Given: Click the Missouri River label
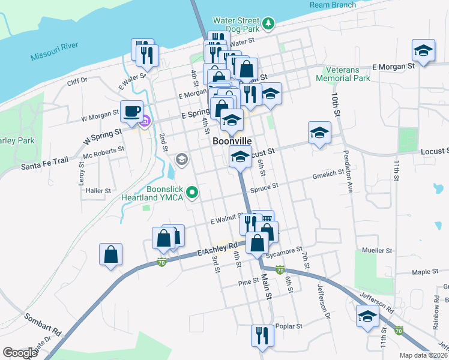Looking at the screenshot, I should pyautogui.click(x=54, y=53).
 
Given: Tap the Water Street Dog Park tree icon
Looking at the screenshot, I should pyautogui.click(x=270, y=24).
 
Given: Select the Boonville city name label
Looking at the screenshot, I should pyautogui.click(x=232, y=141).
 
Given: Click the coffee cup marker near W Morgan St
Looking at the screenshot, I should pyautogui.click(x=131, y=111).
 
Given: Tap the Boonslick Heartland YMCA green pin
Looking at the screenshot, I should pyautogui.click(x=192, y=193).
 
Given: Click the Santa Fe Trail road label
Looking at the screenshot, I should pyautogui.click(x=46, y=164).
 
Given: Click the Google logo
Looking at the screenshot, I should pyautogui.click(x=20, y=353).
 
